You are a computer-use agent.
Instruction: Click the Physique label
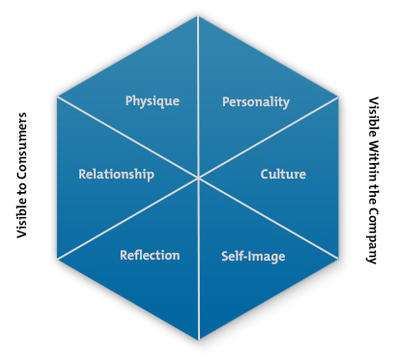[x=153, y=100]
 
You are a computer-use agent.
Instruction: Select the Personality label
[x=256, y=101]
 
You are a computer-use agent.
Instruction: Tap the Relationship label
[x=116, y=175]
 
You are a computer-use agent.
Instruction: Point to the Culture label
[x=283, y=175]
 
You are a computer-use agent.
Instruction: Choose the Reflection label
[x=150, y=255]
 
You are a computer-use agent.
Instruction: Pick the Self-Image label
[x=254, y=257]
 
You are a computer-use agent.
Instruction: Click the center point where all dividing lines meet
[x=198, y=179]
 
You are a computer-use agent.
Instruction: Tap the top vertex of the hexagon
[x=198, y=16]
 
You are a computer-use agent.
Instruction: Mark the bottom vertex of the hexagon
[x=198, y=340]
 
